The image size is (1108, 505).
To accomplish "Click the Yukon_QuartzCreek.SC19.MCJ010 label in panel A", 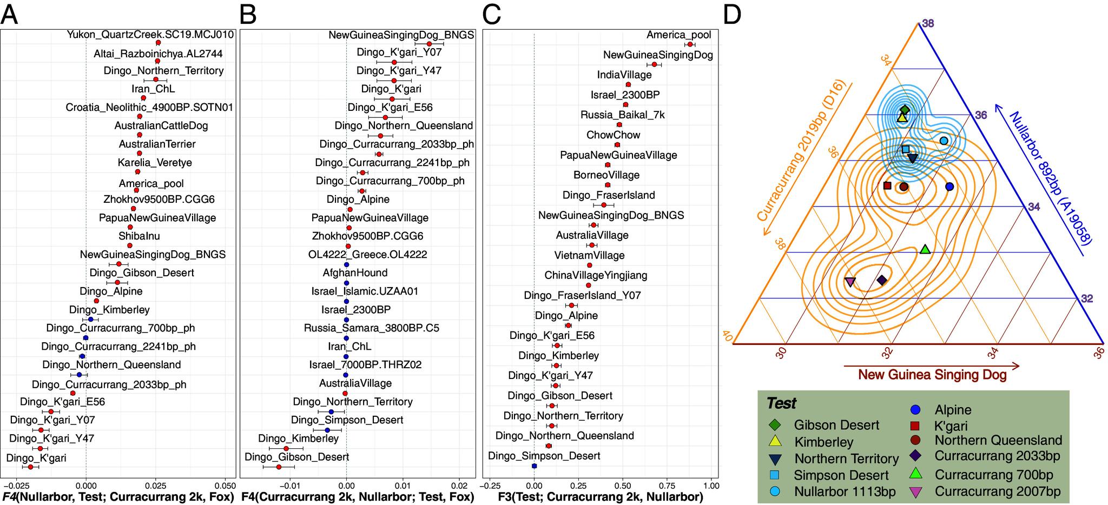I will click(x=150, y=35).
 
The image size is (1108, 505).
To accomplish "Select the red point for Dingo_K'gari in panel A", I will click(x=30, y=467).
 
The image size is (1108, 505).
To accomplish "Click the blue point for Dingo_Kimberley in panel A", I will click(x=90, y=320).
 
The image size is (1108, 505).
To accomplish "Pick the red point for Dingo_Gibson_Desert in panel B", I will click(x=279, y=467).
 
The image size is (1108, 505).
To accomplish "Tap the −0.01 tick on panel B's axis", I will click(x=290, y=484).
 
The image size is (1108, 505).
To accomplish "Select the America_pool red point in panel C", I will click(x=690, y=44).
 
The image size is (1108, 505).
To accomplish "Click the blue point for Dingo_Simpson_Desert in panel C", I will click(x=535, y=466).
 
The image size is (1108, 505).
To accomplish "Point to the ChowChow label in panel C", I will click(x=613, y=135).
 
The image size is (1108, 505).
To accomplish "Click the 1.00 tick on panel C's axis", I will click(x=711, y=484).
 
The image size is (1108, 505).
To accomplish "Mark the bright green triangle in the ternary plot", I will click(x=925, y=249).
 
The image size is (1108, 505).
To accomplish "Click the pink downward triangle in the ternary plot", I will click(x=850, y=282).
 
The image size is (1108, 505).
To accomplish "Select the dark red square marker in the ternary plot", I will click(x=887, y=185).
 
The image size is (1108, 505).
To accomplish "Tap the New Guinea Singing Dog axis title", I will click(x=932, y=375).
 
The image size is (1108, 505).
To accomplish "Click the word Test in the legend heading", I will click(x=781, y=403).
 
